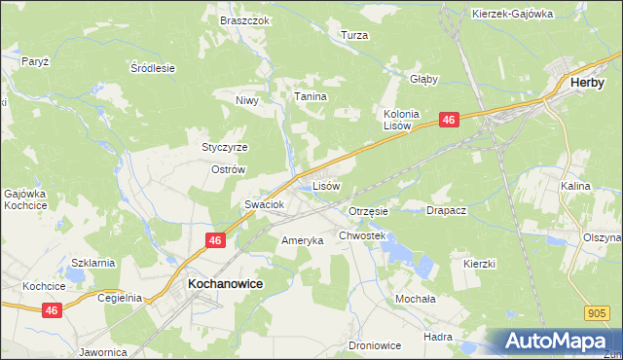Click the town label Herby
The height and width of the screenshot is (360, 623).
tap(589, 84)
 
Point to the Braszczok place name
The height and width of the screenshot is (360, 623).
tap(244, 20)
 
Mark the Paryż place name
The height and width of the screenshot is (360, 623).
tap(35, 60)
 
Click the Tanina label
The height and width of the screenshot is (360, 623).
tap(311, 97)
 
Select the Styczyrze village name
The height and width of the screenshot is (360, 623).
tap(225, 147)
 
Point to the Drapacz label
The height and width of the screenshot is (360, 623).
tap(447, 210)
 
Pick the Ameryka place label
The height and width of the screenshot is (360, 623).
tap(302, 240)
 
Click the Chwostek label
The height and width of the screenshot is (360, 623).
tap(363, 235)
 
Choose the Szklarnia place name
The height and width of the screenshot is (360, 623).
tap(93, 263)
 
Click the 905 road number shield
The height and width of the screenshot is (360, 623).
tap(598, 313)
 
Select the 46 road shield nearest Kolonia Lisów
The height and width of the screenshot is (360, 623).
tap(448, 119)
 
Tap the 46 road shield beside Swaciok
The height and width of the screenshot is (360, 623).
tap(215, 239)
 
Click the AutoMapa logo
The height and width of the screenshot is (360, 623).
tap(559, 342)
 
